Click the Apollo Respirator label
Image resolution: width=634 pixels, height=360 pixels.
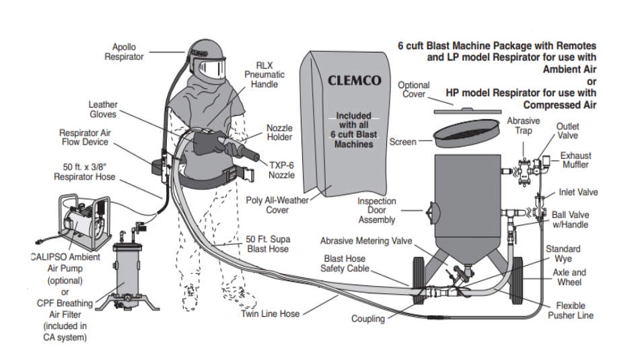[x=124, y=52]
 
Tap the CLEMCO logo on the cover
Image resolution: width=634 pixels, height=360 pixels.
[x=354, y=81]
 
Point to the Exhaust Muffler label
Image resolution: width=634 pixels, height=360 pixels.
[x=575, y=160]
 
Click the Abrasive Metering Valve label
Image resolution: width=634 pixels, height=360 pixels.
[x=366, y=240]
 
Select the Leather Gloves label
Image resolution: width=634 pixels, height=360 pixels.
[x=103, y=109]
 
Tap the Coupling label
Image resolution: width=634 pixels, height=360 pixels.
[x=368, y=318]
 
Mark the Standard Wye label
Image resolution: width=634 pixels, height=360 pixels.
[x=563, y=254]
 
